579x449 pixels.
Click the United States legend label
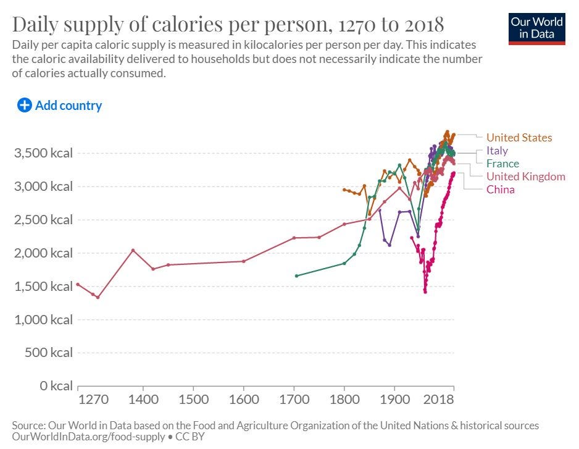(519, 138)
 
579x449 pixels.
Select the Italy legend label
(497, 151)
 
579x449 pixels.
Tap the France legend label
(502, 164)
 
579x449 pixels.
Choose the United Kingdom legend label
(525, 177)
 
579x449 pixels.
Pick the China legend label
(500, 190)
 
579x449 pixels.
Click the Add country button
(60, 106)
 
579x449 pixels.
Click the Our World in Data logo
(536, 27)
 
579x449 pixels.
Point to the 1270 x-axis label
(94, 399)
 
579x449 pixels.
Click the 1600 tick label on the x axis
(243, 399)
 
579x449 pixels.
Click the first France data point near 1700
(297, 275)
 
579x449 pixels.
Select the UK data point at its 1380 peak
(133, 250)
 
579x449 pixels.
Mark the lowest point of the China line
(425, 292)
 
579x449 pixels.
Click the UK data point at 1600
(243, 261)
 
